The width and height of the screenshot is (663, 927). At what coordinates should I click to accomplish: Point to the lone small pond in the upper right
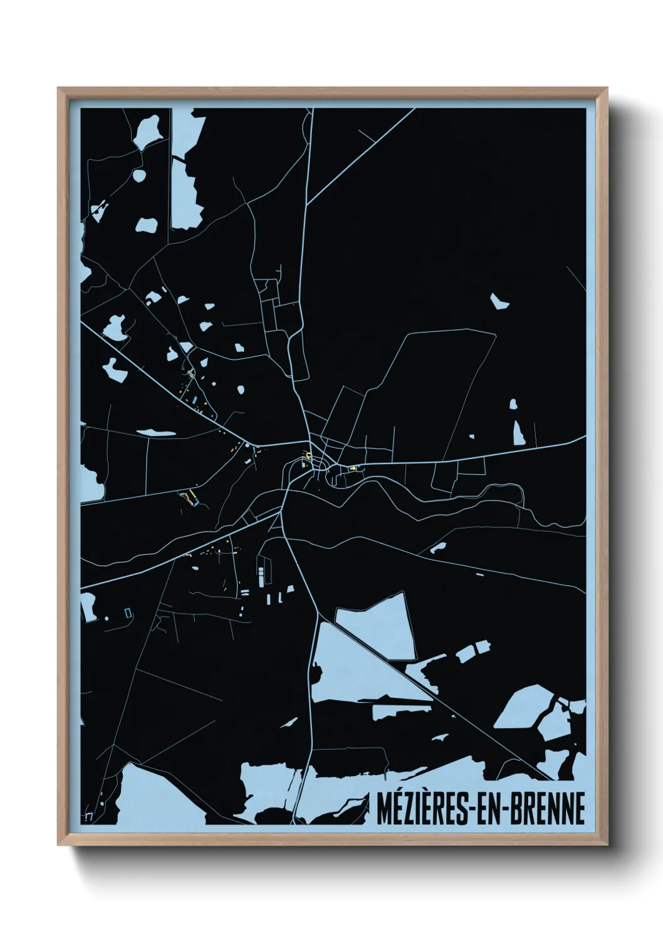pyautogui.click(x=499, y=301)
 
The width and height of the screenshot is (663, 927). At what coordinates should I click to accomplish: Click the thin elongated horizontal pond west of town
pyautogui.click(x=153, y=432)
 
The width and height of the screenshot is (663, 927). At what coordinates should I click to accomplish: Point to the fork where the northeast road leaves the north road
pyautogui.click(x=307, y=204)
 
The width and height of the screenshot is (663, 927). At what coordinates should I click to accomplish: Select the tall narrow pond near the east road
pyautogui.click(x=518, y=431)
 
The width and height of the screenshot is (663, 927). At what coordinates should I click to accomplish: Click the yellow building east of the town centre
pyautogui.click(x=353, y=467)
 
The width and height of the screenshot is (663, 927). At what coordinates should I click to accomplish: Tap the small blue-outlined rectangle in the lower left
pyautogui.click(x=128, y=612)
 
